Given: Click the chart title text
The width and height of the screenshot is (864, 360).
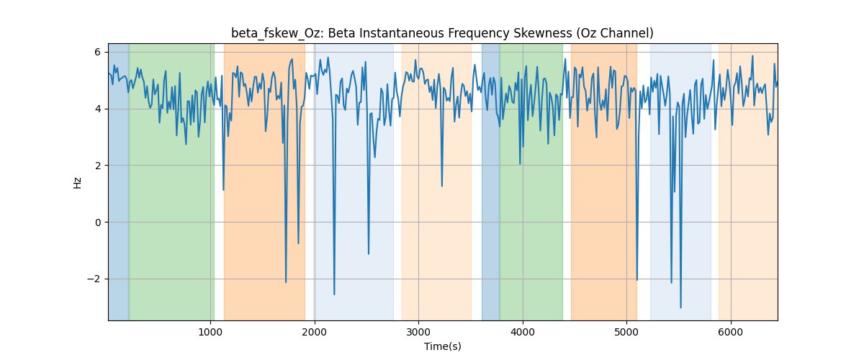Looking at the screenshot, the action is coord(442,33).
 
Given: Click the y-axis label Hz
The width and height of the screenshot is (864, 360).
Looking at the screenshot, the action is coord(77,183).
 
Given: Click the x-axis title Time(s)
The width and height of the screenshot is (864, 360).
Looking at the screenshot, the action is coord(442,346).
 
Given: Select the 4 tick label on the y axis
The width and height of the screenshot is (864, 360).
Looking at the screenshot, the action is coord(97,109).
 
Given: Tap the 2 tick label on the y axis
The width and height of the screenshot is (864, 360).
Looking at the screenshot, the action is coord(97,166).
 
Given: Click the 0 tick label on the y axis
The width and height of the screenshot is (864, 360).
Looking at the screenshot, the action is coord(97,222).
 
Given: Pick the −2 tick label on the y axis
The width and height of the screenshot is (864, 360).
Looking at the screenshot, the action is coord(94,279).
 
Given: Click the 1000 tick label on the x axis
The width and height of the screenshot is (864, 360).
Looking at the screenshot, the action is coord(210,332).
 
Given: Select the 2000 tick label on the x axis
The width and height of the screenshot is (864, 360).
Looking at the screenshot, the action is coord(315,332).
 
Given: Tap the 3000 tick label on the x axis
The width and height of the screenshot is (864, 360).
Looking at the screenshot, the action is coord(418,332).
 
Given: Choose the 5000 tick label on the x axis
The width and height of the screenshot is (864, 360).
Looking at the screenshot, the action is coord(626,332).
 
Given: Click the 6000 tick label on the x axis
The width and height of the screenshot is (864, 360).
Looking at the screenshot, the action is coord(731,332).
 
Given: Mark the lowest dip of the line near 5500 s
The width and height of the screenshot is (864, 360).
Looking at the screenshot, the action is coord(681,307).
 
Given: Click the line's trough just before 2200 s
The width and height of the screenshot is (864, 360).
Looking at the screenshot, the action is coord(334,294).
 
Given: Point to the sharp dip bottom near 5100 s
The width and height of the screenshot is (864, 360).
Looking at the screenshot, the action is coord(636,280).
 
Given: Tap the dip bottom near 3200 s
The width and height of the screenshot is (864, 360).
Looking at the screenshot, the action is coord(441,186).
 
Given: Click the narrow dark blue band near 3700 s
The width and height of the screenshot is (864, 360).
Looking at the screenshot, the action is coord(490,181).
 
